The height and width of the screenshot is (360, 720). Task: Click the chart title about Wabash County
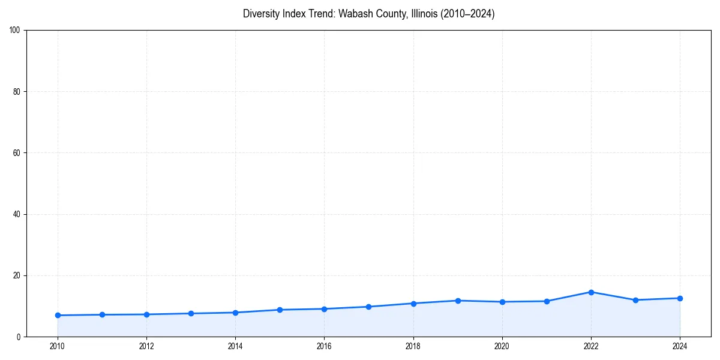(x=368, y=14)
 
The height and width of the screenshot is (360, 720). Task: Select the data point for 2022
(x=591, y=292)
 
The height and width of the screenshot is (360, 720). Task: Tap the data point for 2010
(x=58, y=315)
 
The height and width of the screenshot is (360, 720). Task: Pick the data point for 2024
(x=680, y=298)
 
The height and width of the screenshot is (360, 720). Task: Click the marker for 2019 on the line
(x=458, y=301)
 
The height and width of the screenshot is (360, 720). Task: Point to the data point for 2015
(x=280, y=310)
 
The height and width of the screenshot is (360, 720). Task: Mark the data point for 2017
(x=368, y=307)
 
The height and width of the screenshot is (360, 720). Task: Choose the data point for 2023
(x=635, y=300)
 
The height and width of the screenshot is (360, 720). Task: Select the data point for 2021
(x=547, y=301)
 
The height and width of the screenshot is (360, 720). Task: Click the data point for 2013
(x=191, y=313)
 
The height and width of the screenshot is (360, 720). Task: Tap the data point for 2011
(x=102, y=314)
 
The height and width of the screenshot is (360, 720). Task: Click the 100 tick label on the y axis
(x=16, y=31)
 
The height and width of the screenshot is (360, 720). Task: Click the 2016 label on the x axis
(x=324, y=346)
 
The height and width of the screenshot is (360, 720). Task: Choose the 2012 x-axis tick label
(x=146, y=346)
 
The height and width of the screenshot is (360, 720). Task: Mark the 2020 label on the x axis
(x=502, y=346)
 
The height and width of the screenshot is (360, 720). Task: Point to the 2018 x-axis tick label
(x=413, y=346)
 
